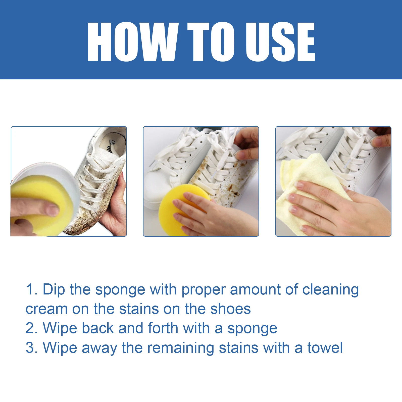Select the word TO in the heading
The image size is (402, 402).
coord(211,42)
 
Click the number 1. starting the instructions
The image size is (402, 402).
coord(32,289)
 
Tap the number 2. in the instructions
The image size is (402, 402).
coord(32,328)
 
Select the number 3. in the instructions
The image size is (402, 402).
coord(32,348)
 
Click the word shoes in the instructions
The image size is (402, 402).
coord(230,309)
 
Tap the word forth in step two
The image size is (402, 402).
coord(163,328)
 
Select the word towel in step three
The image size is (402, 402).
coord(325,348)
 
